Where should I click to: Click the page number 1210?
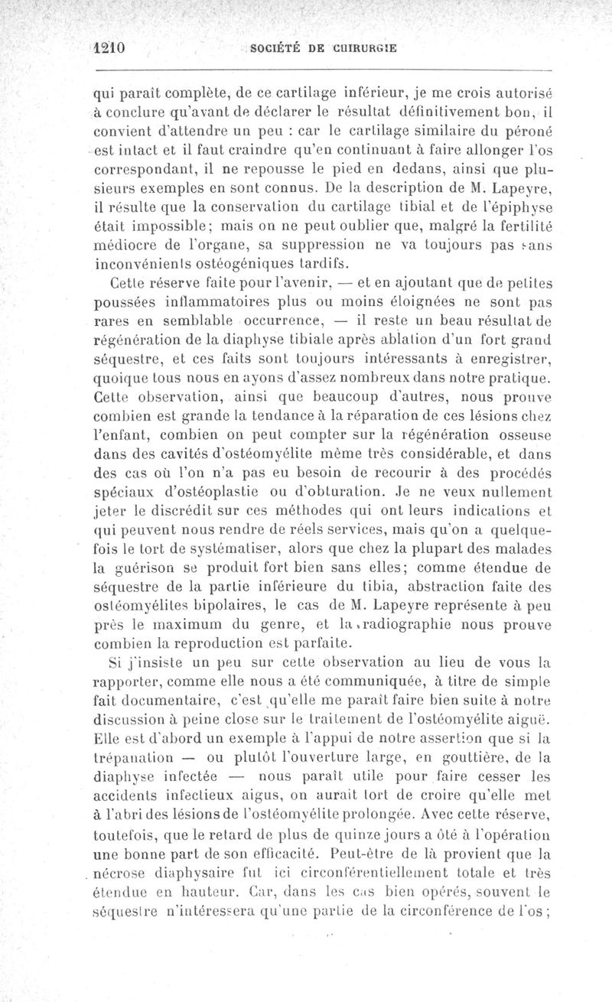pyautogui.click(x=108, y=46)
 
